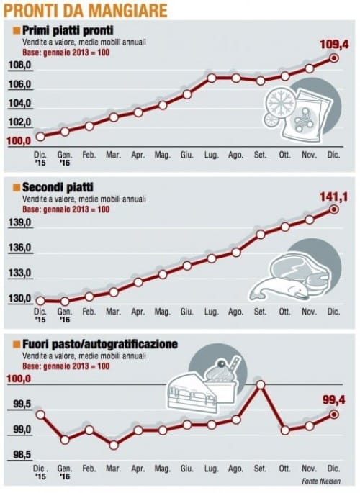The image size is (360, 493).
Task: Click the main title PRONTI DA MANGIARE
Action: tap(85, 10)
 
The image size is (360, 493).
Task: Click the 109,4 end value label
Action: tap(334, 45)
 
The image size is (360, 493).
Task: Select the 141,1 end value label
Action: tap(334, 196)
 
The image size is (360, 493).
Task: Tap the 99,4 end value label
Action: tap(334, 400)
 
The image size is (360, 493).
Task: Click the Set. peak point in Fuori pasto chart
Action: tap(261, 384)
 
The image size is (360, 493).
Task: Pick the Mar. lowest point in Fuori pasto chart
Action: tap(114, 445)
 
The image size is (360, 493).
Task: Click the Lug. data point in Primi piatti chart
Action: tap(212, 78)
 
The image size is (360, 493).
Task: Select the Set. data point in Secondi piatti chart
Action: tap(261, 235)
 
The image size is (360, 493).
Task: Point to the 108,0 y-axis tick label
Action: tap(20, 65)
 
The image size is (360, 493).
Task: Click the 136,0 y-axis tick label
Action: tap(20, 248)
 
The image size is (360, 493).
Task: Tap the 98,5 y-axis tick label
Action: tap(22, 455)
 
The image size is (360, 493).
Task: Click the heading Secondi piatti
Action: tap(58, 187)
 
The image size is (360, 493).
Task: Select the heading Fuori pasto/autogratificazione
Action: tap(100, 344)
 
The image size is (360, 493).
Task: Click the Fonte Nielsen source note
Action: tap(321, 481)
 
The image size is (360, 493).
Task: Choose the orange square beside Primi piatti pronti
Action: tap(17, 30)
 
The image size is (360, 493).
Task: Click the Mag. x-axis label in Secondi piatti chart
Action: tap(162, 312)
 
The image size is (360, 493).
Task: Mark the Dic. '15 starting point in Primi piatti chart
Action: tap(40, 137)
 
